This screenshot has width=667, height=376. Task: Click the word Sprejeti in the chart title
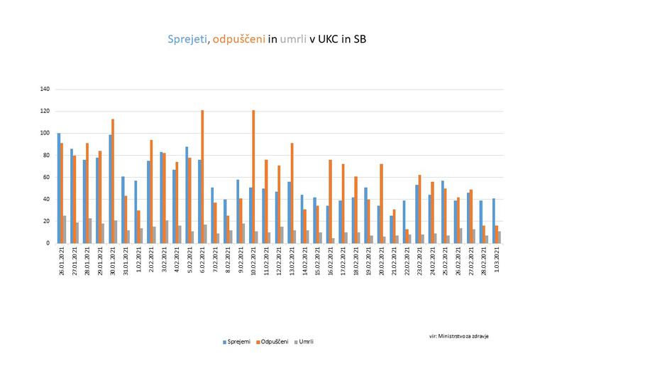pyautogui.click(x=187, y=40)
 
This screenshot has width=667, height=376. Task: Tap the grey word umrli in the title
pyautogui.click(x=293, y=40)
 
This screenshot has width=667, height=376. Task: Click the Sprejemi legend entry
pyautogui.click(x=236, y=342)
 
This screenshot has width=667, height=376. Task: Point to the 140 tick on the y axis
pyautogui.click(x=45, y=90)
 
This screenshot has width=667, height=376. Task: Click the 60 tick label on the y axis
pyautogui.click(x=46, y=178)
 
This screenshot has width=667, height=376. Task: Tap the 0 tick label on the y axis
pyautogui.click(x=48, y=243)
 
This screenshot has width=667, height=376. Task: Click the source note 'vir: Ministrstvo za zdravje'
pyautogui.click(x=458, y=335)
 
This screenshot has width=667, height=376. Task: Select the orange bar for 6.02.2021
pyautogui.click(x=202, y=177)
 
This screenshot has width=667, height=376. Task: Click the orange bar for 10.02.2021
pyautogui.click(x=253, y=177)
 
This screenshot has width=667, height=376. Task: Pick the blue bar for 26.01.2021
pyautogui.click(x=59, y=188)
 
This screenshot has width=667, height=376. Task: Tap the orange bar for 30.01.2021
pyautogui.click(x=113, y=181)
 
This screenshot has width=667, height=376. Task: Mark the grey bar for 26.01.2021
pyautogui.click(x=65, y=230)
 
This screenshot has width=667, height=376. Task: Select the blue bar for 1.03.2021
pyautogui.click(x=493, y=221)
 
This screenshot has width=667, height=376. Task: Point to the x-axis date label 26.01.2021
pyautogui.click(x=62, y=264)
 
